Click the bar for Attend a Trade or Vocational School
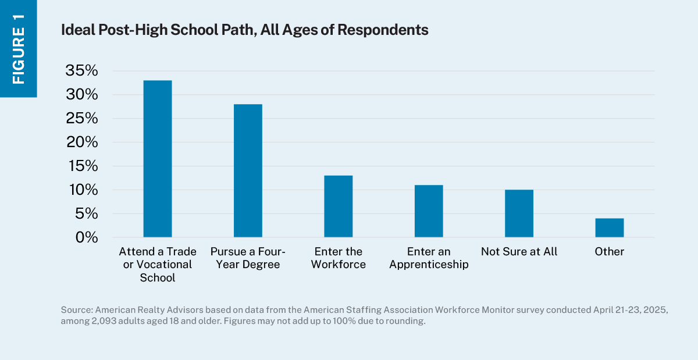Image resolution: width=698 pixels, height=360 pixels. [158, 159]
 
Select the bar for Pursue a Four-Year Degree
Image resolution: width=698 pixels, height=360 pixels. [248, 170]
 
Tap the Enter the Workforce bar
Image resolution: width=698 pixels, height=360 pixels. [338, 206]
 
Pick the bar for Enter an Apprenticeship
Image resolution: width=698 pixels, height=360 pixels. [429, 211]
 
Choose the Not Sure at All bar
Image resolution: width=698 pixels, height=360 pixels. [519, 213]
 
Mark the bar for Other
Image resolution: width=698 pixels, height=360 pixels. [609, 228]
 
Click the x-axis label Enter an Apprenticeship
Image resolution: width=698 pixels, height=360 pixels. [429, 258]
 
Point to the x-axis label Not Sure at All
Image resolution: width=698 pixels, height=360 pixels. [519, 252]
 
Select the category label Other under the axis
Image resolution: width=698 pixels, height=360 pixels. [609, 252]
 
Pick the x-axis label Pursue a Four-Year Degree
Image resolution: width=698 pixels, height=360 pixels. [248, 258]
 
